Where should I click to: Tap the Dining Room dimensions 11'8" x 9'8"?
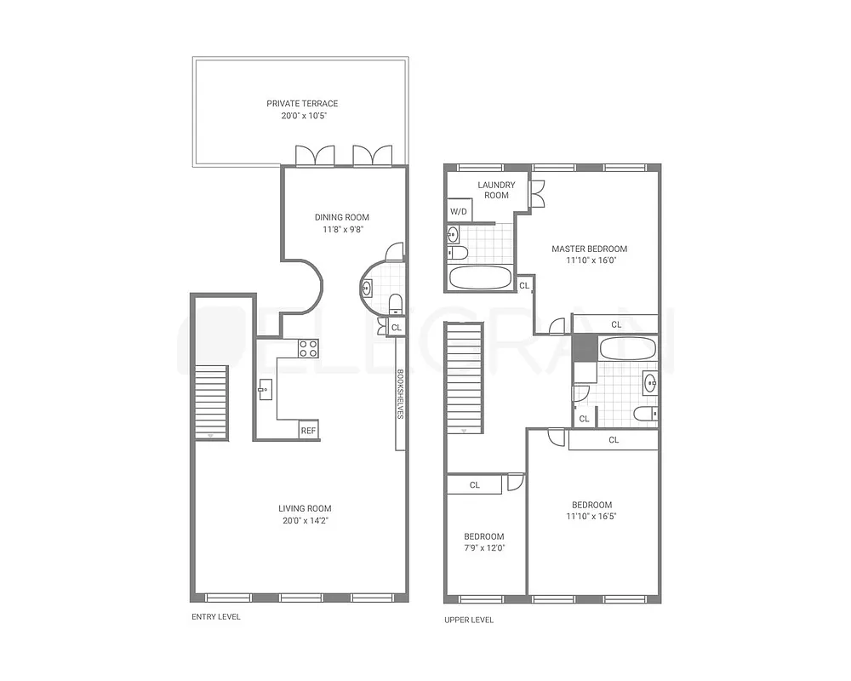(x=341, y=229)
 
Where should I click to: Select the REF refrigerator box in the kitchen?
(x=308, y=431)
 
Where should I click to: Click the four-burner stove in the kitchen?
(x=308, y=348)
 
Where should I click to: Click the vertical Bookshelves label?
(x=399, y=393)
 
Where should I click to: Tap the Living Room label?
(x=305, y=509)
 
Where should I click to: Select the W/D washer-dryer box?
(x=458, y=211)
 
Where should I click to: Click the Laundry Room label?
(x=496, y=190)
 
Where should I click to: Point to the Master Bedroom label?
(x=589, y=249)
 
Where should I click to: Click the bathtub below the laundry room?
(x=480, y=278)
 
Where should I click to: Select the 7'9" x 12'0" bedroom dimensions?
(x=483, y=548)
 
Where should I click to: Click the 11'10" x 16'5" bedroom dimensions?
(x=591, y=516)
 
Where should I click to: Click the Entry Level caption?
(x=216, y=616)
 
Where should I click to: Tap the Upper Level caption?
(x=469, y=620)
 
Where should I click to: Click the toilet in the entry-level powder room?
(x=395, y=303)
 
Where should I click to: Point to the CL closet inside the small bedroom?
(x=475, y=485)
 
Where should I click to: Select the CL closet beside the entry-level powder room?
(x=397, y=327)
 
